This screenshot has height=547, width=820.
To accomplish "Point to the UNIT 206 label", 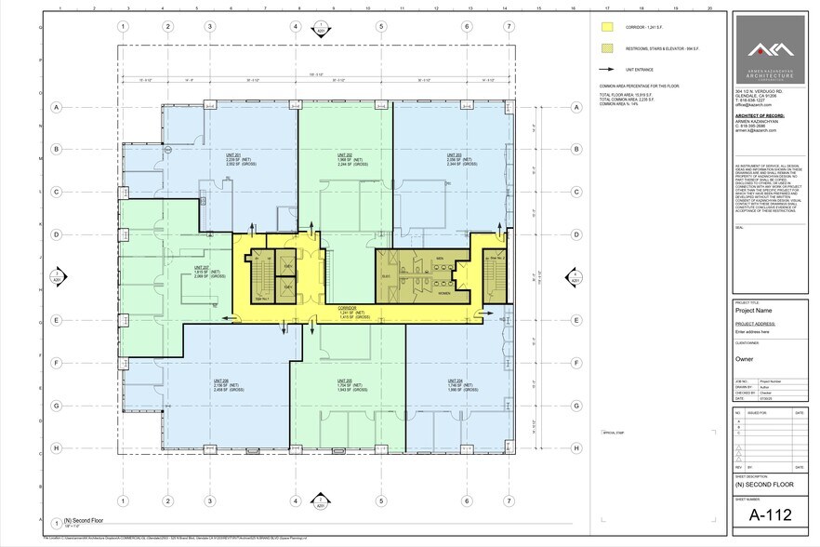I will [221, 380].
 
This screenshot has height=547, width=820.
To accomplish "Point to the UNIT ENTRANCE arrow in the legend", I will [607, 69].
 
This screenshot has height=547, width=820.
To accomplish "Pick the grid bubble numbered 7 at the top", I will [508, 26].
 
